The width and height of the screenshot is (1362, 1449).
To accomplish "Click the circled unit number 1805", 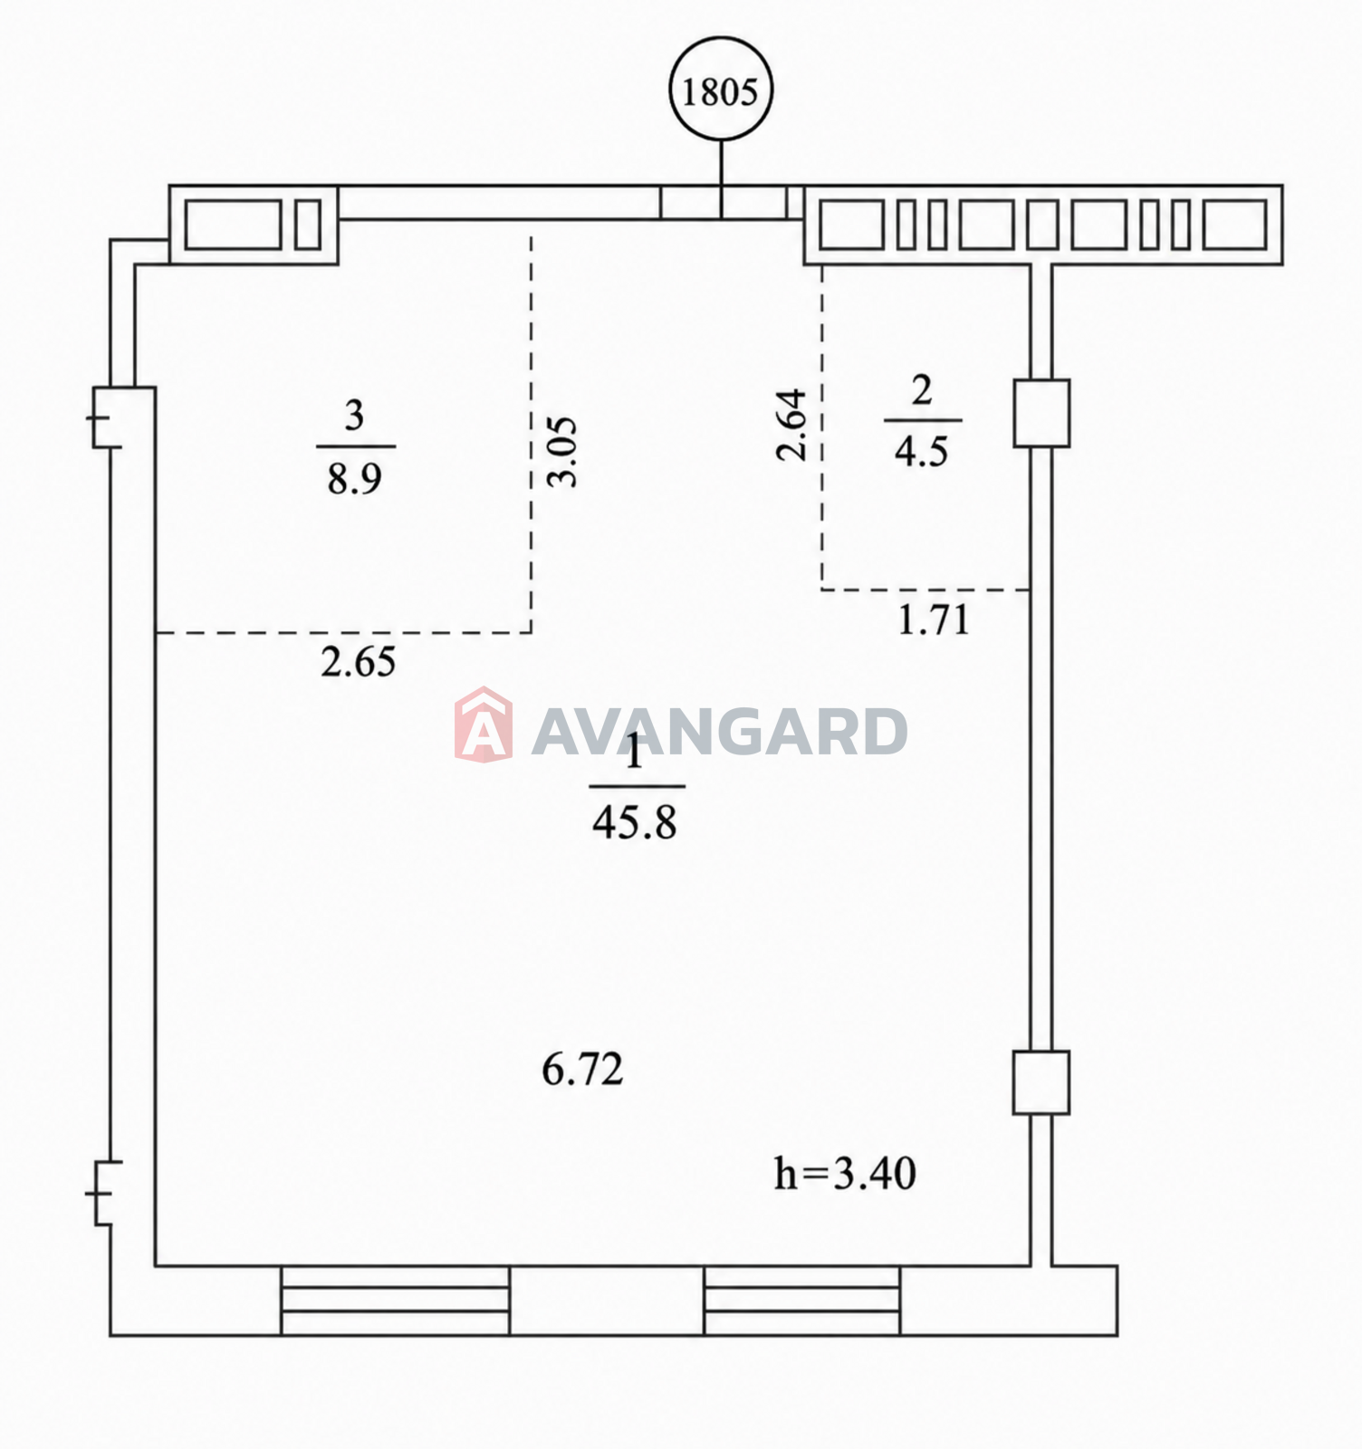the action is pos(721,91).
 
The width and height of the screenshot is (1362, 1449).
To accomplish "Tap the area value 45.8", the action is pos(635,823).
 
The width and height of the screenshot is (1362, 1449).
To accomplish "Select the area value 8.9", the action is pos(354,477).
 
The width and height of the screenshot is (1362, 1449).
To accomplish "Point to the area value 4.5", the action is pos(921,450).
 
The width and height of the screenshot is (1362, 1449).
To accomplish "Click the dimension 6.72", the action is pos(582,1070).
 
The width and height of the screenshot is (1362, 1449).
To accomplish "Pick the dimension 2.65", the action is pos(358,662).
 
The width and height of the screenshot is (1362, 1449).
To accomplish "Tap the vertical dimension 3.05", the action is pos(563,451).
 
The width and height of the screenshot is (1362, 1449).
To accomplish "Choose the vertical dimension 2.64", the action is pos(791,425).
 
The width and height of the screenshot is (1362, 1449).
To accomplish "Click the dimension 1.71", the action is pos(933,620).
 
